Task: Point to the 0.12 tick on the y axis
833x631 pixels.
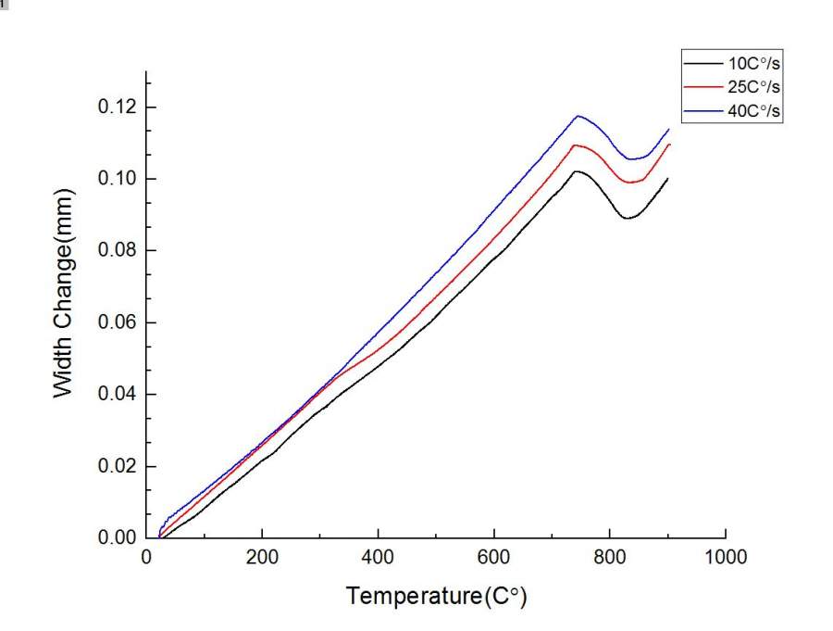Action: [117, 107]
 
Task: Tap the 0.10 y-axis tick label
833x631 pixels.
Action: [117, 179]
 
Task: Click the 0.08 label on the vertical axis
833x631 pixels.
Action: [117, 251]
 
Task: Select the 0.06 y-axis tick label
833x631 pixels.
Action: [117, 322]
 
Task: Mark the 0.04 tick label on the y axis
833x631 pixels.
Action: [117, 395]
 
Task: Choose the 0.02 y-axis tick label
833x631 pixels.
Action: [117, 466]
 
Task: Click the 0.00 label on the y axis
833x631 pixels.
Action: [117, 538]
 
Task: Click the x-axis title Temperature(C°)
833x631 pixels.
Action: [436, 596]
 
